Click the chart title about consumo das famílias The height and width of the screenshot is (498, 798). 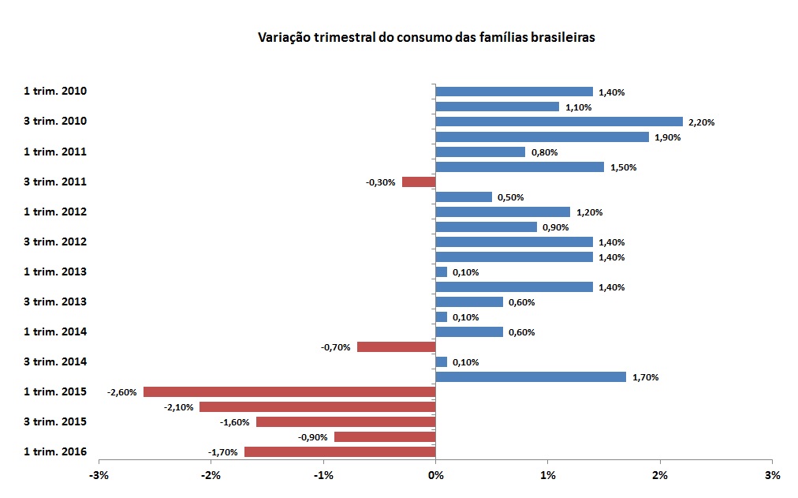click(426, 37)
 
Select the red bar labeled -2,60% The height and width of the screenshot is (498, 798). click(289, 392)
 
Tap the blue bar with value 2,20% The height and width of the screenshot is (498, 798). click(558, 122)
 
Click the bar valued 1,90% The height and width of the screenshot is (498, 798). click(542, 137)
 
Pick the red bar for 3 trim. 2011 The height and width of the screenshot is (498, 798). click(419, 182)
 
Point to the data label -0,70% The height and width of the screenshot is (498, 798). click(335, 347)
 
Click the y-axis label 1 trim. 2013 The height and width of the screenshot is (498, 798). click(55, 272)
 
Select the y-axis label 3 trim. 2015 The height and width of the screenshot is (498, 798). click(55, 422)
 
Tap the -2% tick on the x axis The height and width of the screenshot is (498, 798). click(211, 476)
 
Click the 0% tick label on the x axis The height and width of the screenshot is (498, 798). click(435, 476)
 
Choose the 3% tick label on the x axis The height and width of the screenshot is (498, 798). click(772, 476)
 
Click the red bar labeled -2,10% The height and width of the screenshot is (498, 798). click(317, 407)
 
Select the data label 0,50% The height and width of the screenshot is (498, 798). click(510, 197)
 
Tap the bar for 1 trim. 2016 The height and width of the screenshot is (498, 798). click(340, 452)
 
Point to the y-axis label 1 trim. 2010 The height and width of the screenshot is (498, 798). click(55, 92)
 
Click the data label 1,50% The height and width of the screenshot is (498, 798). click(623, 167)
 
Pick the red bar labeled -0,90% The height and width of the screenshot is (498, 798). click(385, 437)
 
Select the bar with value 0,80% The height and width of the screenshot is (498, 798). click(479, 152)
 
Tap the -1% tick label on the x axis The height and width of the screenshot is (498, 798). click(323, 476)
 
